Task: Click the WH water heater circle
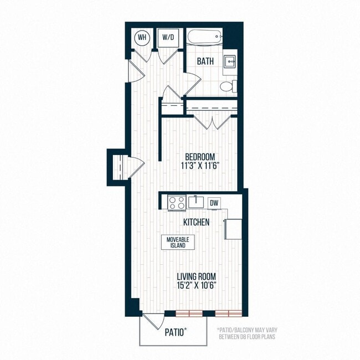coord(142,37)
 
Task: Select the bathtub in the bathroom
coord(204,37)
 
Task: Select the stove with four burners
coord(177,202)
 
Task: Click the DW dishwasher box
coord(214,203)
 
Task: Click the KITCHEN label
coord(197,223)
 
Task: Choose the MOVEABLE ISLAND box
coord(174,242)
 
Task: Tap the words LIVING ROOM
coord(196,276)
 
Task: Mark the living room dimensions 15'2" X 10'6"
coord(196,285)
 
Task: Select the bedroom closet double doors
coord(209,122)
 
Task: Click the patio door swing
coord(151,321)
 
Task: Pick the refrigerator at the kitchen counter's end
coord(232,228)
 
